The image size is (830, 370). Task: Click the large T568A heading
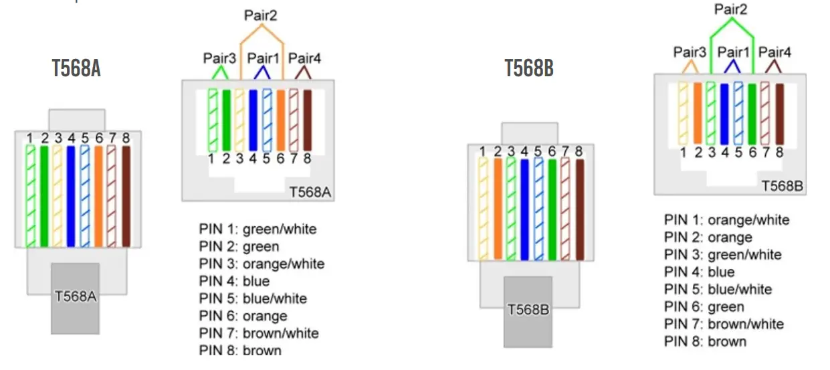tap(76, 68)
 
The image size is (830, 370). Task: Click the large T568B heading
tap(528, 68)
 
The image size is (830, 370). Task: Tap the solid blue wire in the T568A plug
tap(71, 195)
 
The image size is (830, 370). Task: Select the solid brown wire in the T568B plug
tap(580, 208)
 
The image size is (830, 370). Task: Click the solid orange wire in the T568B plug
tap(498, 208)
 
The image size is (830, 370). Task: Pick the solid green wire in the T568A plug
tap(44, 195)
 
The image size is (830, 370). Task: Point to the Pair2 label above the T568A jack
tap(261, 15)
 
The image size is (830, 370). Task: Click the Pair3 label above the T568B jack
tap(690, 52)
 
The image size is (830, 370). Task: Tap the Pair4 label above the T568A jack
tap(305, 58)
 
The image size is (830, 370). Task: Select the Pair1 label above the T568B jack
tap(734, 52)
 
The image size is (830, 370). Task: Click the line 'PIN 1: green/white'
tap(257, 229)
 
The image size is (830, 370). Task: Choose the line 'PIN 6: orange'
tap(243, 316)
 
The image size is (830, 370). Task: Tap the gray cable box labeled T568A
tap(75, 298)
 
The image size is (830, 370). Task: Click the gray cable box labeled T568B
tap(528, 311)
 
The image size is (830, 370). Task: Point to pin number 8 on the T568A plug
tap(126, 138)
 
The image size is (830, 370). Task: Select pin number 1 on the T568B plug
tap(484, 152)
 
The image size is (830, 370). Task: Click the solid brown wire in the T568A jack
tap(308, 120)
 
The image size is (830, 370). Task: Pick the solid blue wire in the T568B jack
tap(724, 113)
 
